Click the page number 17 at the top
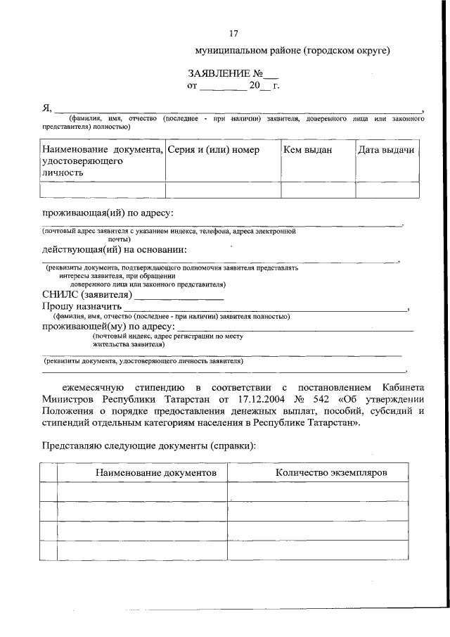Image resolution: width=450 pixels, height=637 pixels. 234,34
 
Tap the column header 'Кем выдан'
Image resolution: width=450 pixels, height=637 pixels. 307,150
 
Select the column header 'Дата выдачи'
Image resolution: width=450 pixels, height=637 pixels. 385,150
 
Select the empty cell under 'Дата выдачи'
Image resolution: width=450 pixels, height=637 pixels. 386,190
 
